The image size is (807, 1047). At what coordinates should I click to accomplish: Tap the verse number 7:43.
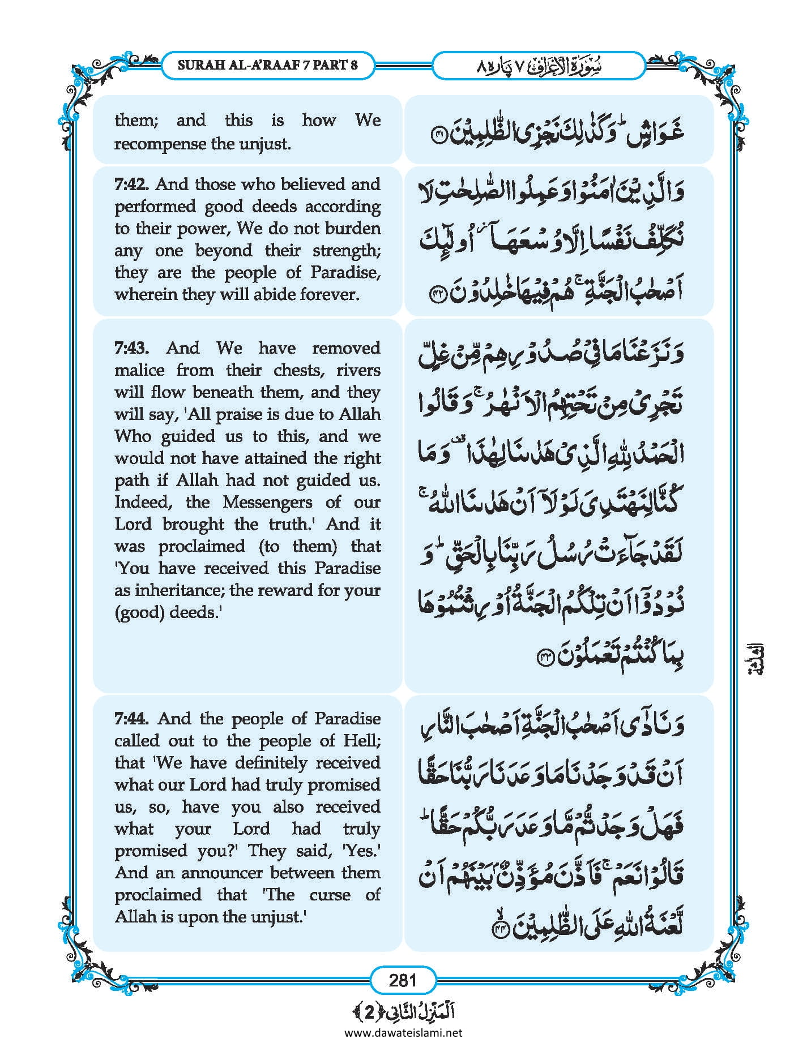(x=131, y=348)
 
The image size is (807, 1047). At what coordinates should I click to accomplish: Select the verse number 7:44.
(x=131, y=719)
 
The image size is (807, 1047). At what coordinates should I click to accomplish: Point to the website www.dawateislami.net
(x=403, y=1032)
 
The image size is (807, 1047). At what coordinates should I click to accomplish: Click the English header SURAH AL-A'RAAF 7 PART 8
(x=267, y=65)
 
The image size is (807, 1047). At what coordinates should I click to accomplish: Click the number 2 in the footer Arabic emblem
(x=370, y=1012)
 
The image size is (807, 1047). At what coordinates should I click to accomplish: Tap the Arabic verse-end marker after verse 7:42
(x=438, y=296)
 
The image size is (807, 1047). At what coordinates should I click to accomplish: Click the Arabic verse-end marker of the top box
(x=439, y=134)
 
